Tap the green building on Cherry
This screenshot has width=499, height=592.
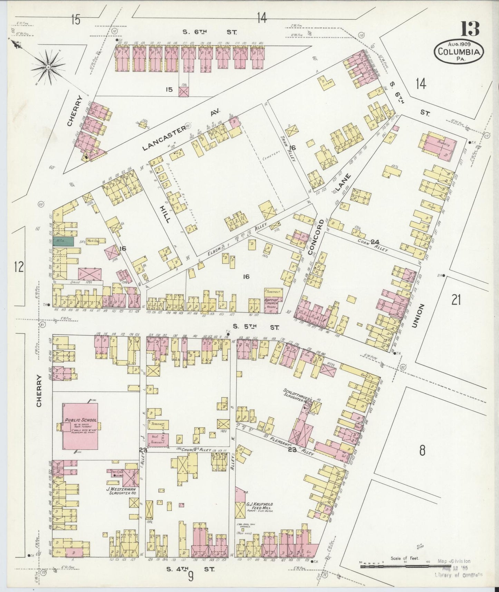63,241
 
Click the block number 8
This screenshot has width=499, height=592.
422,451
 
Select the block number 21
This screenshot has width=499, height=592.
456,300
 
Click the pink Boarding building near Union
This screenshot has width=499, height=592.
438,146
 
